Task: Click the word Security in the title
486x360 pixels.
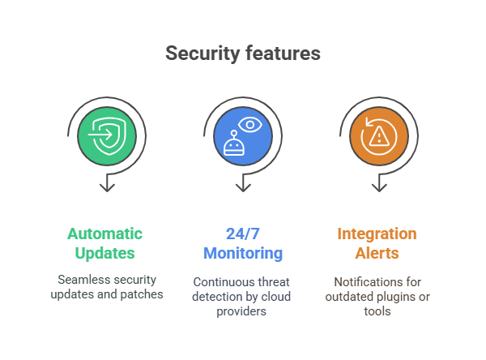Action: (202, 54)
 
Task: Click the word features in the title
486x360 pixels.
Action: (283, 53)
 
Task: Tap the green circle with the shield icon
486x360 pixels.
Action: (107, 136)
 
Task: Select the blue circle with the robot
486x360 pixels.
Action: (243, 136)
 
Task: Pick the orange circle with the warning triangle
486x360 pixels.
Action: (379, 136)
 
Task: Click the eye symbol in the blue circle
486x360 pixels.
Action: (250, 125)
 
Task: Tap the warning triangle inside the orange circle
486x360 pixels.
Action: (379, 136)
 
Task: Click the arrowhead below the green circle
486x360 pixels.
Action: (107, 187)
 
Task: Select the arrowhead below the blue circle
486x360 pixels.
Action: (243, 187)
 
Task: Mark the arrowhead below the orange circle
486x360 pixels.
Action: (379, 187)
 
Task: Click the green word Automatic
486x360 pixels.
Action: (104, 234)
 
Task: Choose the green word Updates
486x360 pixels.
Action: (104, 253)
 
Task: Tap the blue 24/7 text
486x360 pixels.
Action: (243, 234)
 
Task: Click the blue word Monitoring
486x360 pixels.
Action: (243, 253)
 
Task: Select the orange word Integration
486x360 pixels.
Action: (377, 234)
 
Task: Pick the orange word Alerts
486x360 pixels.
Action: (377, 253)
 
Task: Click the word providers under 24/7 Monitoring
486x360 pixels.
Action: (241, 311)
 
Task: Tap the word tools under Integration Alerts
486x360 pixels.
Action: (377, 311)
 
